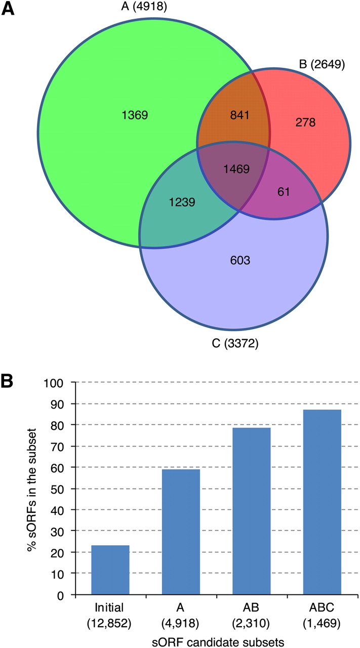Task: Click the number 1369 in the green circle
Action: coord(134,115)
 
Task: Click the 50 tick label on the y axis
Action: coord(58,489)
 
